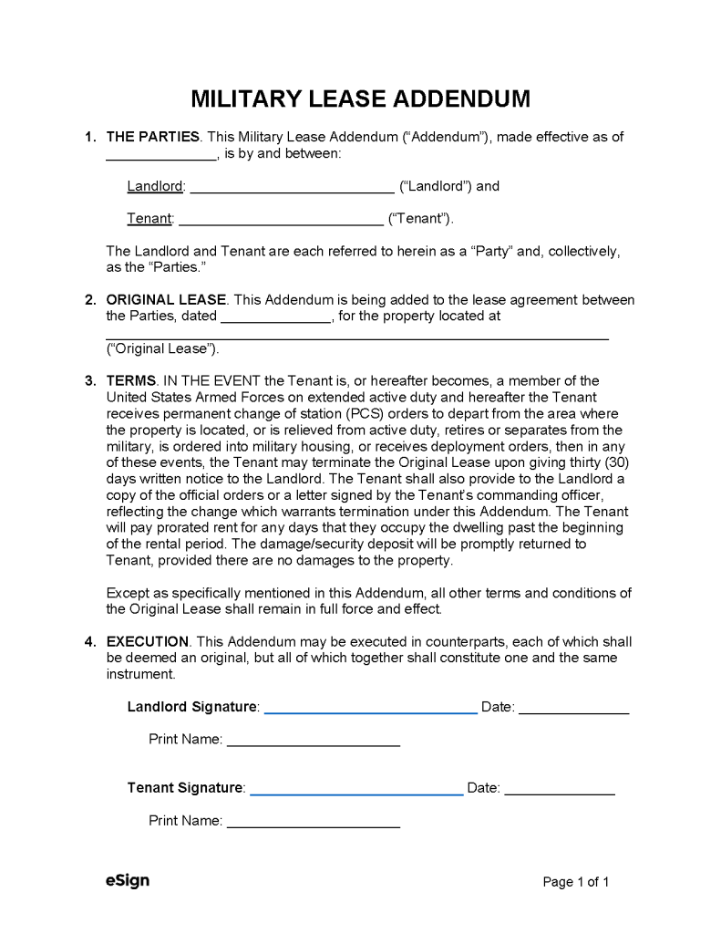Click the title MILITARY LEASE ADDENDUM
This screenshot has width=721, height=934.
tap(360, 99)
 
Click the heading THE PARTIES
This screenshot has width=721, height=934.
tap(153, 137)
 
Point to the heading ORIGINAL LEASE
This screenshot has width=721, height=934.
tap(166, 299)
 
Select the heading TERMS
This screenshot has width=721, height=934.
tap(131, 380)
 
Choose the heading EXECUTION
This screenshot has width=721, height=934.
tap(148, 641)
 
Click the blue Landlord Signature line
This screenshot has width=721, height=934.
tap(370, 710)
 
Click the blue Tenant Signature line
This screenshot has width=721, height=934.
tap(356, 791)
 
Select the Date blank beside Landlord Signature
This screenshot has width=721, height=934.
tap(573, 710)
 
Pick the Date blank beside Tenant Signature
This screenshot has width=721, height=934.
tap(560, 791)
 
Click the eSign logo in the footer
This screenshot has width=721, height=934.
tap(127, 880)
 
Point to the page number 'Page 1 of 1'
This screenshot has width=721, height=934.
tap(575, 882)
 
